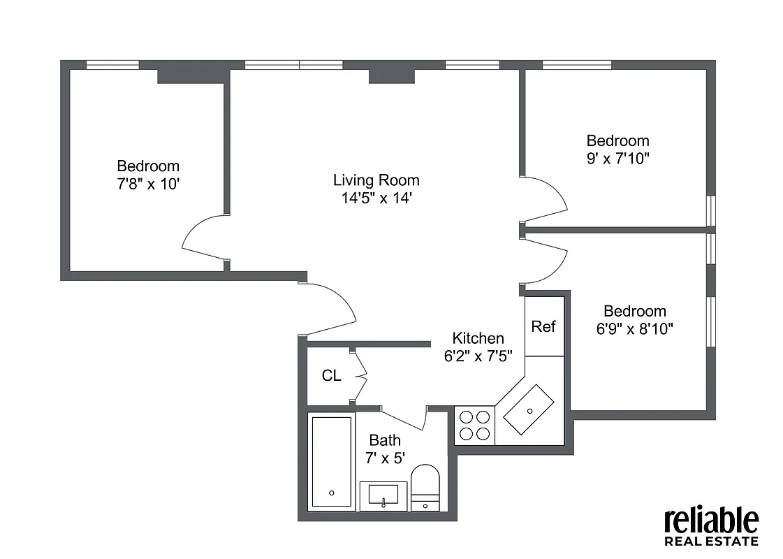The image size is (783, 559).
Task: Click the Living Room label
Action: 376,180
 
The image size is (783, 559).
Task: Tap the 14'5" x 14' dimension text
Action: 376,198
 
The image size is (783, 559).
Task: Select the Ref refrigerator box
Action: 543,326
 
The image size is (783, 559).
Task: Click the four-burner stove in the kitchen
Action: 474,425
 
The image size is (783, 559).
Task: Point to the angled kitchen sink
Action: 529,409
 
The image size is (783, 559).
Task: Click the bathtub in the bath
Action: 331,462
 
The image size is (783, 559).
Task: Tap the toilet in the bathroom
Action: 425,487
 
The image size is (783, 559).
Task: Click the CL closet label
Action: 331,376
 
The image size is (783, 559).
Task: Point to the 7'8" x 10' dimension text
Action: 148,184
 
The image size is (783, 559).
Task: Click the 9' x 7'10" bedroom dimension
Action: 617,158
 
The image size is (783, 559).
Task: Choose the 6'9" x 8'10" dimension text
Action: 635,328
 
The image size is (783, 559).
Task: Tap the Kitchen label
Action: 478,338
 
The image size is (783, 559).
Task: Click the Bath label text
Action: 385,440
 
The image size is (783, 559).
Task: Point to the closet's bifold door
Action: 360,376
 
